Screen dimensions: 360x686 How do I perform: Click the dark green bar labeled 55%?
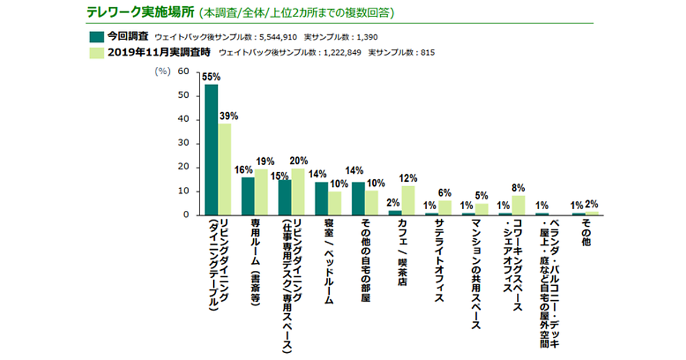click(x=212, y=150)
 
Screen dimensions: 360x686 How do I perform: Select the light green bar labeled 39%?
click(x=225, y=169)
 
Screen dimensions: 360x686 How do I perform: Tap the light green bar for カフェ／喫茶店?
click(x=408, y=201)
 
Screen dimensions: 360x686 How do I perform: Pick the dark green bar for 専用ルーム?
click(x=248, y=196)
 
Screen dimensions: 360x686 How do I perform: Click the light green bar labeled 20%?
click(x=298, y=191)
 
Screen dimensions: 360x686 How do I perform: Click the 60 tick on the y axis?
click(x=184, y=71)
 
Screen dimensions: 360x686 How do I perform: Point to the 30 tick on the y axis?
click(x=184, y=143)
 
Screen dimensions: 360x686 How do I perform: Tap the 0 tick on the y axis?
click(x=186, y=215)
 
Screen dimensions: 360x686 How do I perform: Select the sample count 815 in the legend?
click(x=428, y=53)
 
